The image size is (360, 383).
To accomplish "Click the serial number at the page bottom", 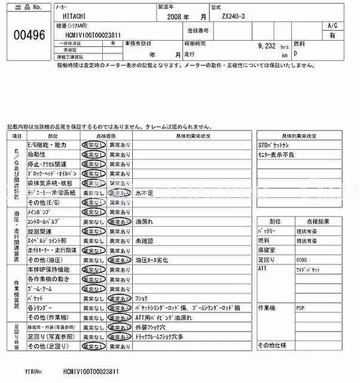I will (87, 372).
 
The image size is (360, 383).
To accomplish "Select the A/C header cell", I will (332, 26).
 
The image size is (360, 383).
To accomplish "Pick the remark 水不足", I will (145, 194).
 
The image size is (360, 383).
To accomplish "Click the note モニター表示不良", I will (276, 154).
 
